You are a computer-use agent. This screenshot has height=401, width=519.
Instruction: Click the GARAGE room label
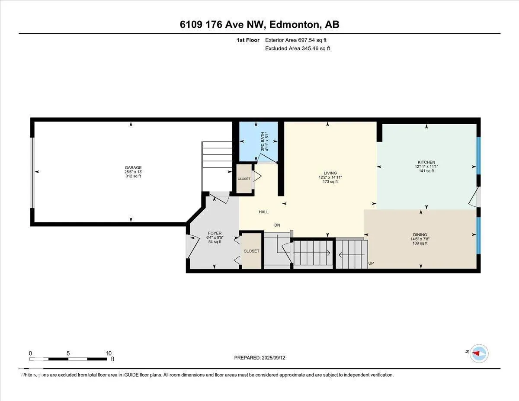tap(133, 167)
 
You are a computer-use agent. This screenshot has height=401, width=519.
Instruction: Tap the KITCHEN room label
tap(426, 162)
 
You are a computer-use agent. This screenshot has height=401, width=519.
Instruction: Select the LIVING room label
tap(330, 173)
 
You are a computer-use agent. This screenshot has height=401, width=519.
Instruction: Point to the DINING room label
tap(420, 234)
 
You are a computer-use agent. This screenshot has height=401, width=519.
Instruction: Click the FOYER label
tap(215, 233)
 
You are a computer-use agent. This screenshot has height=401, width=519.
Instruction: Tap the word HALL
tap(264, 212)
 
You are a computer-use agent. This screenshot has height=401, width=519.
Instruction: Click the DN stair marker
tap(277, 225)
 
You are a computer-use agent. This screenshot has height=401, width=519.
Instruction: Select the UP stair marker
tap(371, 263)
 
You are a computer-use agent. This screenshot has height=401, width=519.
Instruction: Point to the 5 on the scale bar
tap(68, 353)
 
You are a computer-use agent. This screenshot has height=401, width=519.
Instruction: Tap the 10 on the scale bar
tap(109, 353)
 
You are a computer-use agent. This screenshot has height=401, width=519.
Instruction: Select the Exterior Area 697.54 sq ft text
tap(296, 40)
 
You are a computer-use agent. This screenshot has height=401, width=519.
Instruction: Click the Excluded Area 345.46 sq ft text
tap(298, 48)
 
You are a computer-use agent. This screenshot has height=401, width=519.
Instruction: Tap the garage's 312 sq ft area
tap(133, 176)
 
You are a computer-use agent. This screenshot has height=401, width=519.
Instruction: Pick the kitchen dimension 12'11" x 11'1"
tap(426, 167)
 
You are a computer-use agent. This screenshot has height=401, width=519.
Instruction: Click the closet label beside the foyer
tap(251, 251)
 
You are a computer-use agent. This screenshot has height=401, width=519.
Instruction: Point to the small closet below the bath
tap(244, 179)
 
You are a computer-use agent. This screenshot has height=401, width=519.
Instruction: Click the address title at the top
tap(259, 25)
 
